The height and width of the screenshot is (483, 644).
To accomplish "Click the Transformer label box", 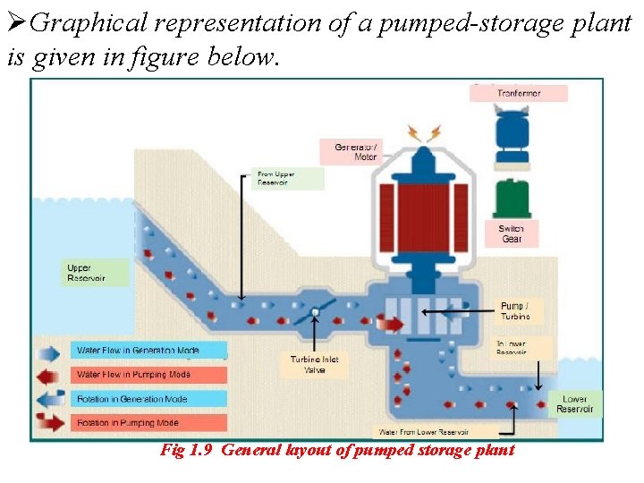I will tap(518, 93).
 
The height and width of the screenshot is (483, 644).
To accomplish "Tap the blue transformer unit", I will tap(513, 138).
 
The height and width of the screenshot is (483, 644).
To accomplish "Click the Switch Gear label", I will tap(512, 233).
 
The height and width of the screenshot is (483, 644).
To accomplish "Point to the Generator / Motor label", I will tap(356, 152).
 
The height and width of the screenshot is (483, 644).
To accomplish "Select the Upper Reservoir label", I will tap(86, 273).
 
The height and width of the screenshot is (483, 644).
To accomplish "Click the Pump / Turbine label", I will tap(515, 311).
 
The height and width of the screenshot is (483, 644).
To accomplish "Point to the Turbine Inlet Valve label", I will tap(315, 364).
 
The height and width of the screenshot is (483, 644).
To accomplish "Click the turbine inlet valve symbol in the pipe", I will tap(315, 312).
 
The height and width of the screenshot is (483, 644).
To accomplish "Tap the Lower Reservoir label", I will tap(574, 403).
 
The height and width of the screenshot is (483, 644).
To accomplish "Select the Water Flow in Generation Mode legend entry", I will tap(138, 351).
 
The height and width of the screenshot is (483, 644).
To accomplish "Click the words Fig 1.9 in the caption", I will tap(185, 450).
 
